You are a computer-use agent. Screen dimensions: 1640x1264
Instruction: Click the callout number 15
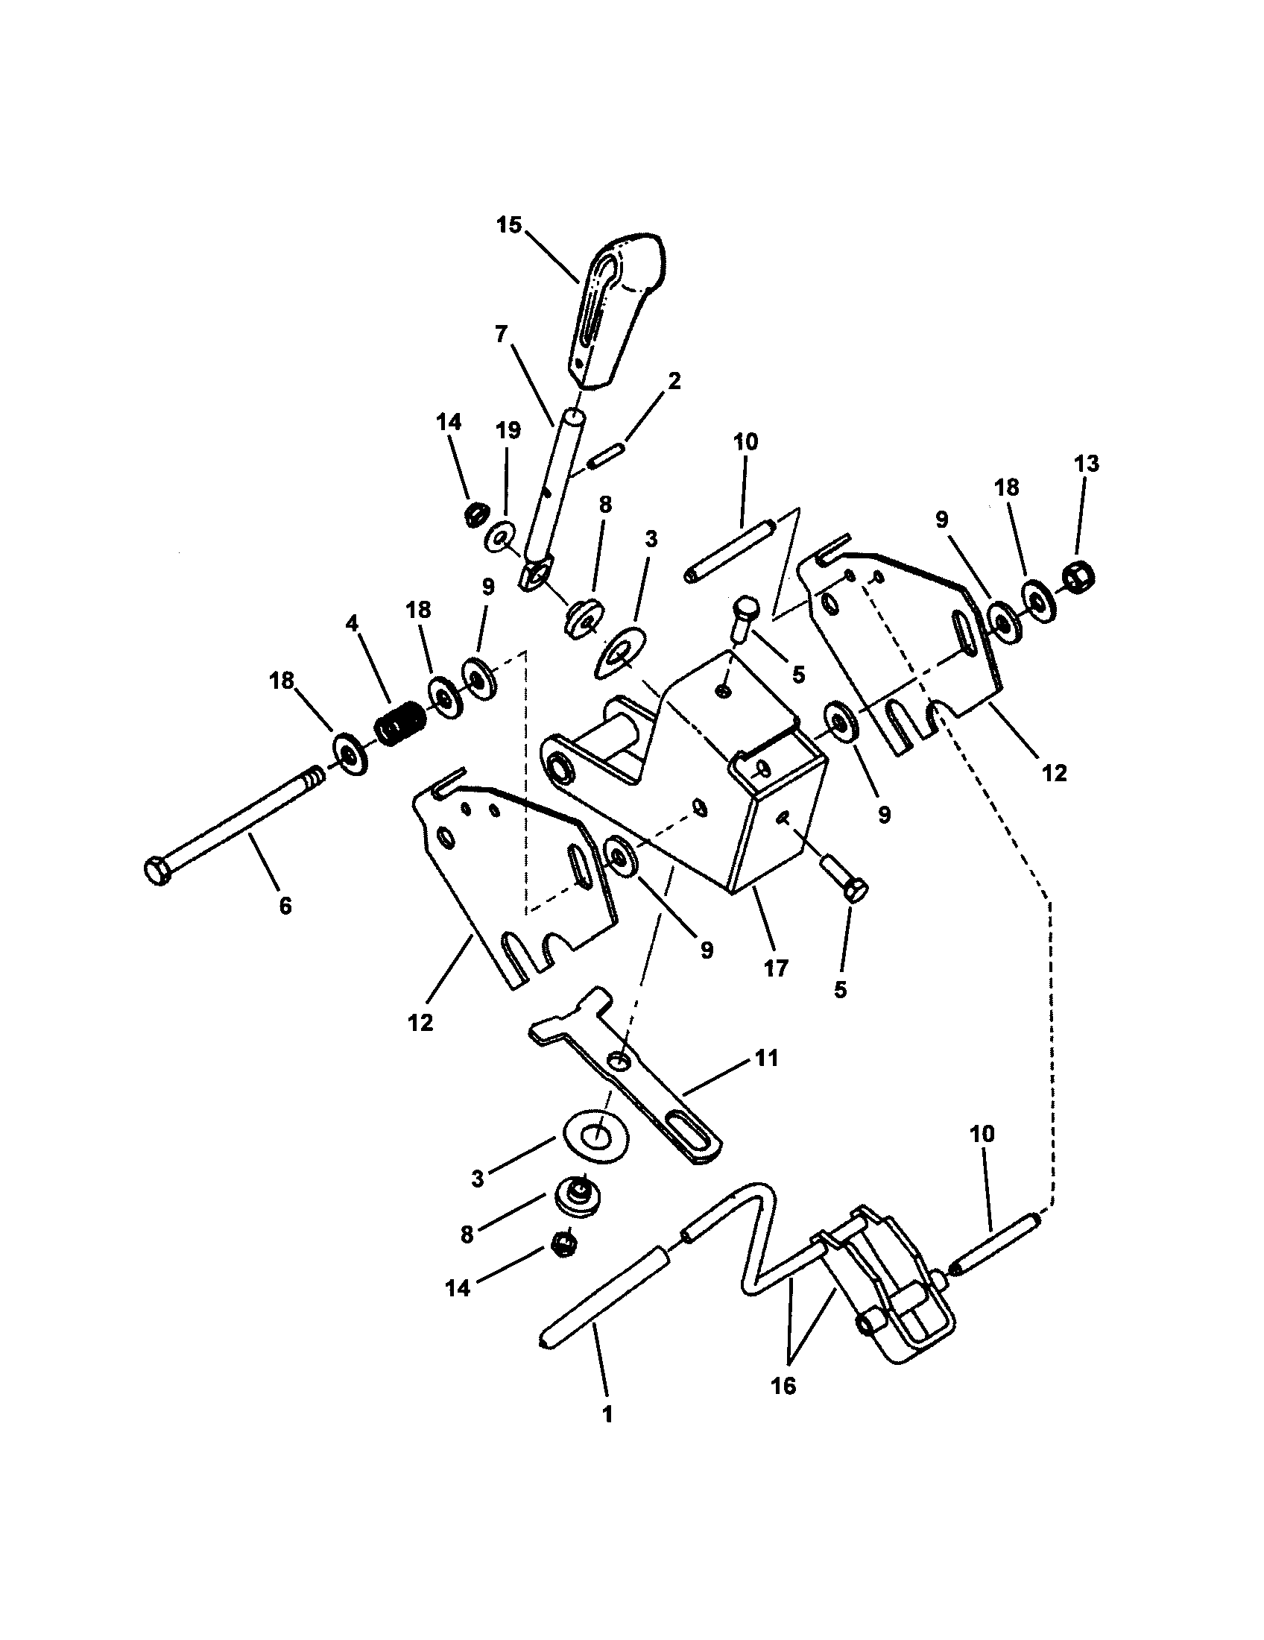pos(508,225)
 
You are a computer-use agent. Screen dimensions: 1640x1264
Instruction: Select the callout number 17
pos(775,968)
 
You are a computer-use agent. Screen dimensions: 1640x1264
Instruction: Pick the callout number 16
pos(783,1386)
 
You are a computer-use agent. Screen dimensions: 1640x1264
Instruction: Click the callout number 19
pos(508,430)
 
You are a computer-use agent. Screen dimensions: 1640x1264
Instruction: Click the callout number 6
pos(285,906)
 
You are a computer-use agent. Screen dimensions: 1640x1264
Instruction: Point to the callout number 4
pos(350,622)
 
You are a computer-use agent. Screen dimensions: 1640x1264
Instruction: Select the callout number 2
pos(674,381)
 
